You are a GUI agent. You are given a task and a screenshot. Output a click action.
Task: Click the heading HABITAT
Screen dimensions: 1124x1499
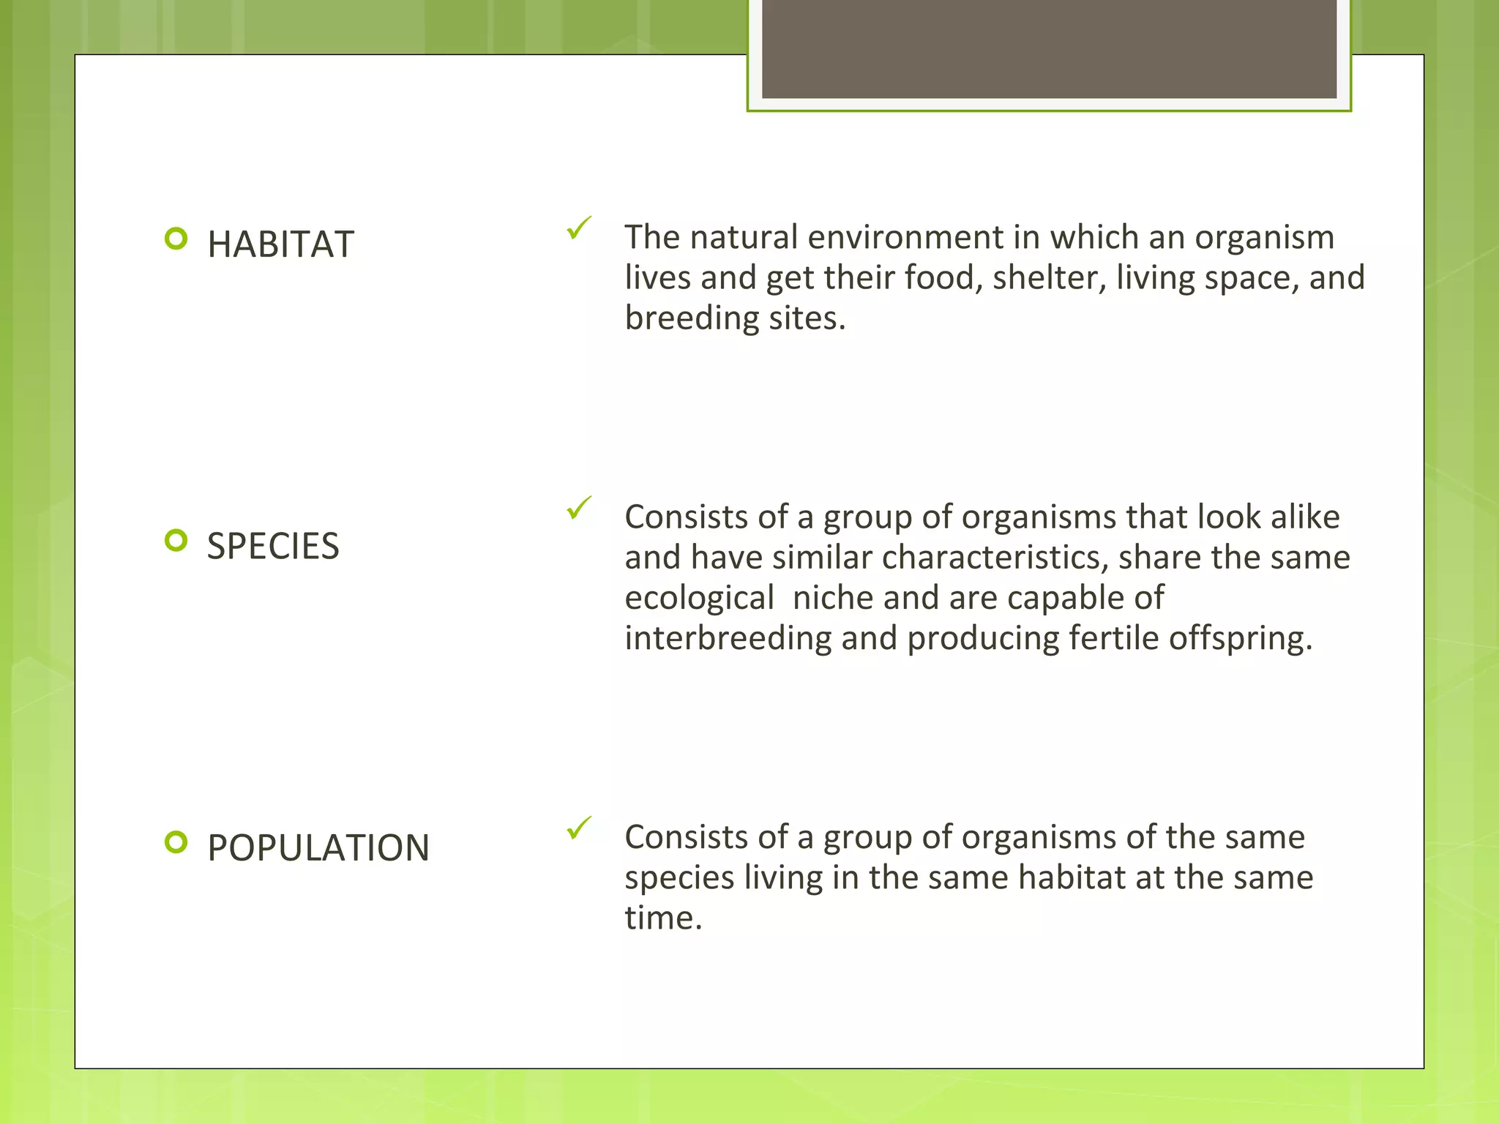(280, 244)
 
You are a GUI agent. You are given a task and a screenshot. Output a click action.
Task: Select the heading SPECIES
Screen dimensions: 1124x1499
(273, 547)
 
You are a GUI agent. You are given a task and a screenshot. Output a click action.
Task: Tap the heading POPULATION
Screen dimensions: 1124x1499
(318, 848)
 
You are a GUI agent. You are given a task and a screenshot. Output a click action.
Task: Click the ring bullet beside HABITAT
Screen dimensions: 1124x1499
(176, 239)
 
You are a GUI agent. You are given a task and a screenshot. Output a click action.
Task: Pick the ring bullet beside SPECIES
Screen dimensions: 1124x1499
(176, 541)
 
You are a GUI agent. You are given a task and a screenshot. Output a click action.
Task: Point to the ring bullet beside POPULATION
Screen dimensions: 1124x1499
(176, 842)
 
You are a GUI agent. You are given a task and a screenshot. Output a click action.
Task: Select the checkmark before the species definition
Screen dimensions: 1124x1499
(578, 507)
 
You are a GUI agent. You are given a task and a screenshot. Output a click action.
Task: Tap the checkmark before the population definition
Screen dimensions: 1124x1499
(578, 828)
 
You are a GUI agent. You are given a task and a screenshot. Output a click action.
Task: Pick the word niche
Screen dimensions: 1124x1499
(833, 599)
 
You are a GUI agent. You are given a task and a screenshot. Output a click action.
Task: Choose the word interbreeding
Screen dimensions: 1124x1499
(728, 639)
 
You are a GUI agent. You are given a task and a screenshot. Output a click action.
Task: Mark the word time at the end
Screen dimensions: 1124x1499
(662, 918)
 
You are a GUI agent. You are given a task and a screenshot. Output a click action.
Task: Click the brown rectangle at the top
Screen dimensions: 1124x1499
(1049, 48)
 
